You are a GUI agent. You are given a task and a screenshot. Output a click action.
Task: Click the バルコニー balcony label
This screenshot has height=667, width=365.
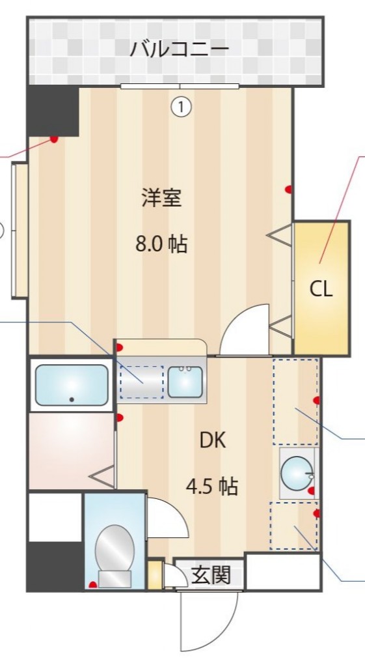(x=179, y=49)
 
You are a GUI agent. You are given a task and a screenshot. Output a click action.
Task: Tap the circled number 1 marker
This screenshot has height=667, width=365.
(x=181, y=106)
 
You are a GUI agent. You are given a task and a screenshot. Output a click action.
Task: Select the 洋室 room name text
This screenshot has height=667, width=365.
(x=161, y=197)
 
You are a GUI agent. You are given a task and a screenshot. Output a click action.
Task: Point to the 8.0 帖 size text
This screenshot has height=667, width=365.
(x=161, y=244)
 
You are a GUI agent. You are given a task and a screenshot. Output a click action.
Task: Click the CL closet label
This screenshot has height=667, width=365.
(x=321, y=289)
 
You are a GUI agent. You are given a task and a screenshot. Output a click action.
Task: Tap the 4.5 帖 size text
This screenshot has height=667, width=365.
(x=211, y=486)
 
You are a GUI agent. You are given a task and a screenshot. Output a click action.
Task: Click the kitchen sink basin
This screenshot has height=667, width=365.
(x=185, y=382)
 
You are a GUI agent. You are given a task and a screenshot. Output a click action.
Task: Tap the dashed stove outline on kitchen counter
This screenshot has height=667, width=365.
(x=142, y=382)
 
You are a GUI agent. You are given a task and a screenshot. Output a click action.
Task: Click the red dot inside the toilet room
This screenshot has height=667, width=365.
(x=93, y=584)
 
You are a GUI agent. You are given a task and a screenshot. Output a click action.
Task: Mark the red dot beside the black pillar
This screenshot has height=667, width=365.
(x=54, y=139)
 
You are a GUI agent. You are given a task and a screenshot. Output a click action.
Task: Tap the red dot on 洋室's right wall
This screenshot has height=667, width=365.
(x=288, y=190)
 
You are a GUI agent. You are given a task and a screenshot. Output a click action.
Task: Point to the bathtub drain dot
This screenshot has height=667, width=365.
(x=72, y=399)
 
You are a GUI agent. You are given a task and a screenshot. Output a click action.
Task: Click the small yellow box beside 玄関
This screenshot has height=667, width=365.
(x=154, y=575)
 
